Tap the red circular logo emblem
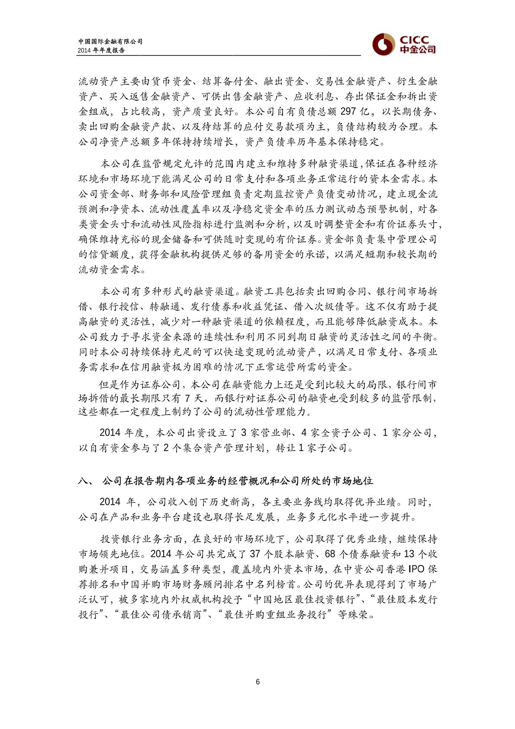click(383, 44)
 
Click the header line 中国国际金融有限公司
click(110, 42)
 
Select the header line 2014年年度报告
click(102, 50)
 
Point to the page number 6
click(258, 682)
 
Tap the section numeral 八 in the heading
click(83, 481)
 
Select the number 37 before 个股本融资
click(255, 554)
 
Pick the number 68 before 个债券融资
click(330, 554)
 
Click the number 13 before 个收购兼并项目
click(409, 554)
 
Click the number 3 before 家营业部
click(243, 432)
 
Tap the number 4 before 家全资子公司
click(304, 432)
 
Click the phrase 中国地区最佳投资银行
click(304, 599)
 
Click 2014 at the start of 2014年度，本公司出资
click(110, 432)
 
